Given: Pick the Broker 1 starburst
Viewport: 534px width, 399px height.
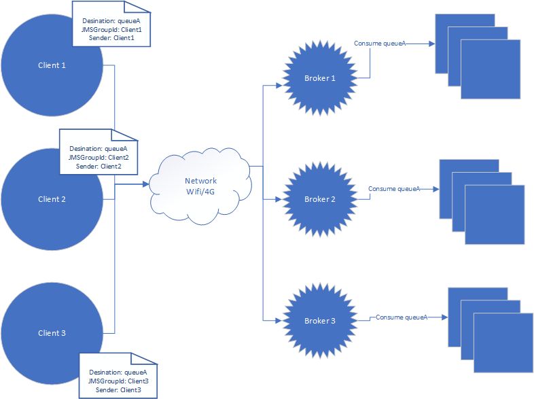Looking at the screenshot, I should pyautogui.click(x=320, y=79).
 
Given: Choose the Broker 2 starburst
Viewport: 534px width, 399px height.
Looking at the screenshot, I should pyautogui.click(x=320, y=199).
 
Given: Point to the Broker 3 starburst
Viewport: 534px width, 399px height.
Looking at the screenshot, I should pyautogui.click(x=320, y=319).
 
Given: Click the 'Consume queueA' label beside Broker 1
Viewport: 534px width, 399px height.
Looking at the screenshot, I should pyautogui.click(x=380, y=44).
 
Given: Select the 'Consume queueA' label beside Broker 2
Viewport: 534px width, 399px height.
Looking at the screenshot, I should pyautogui.click(x=394, y=188).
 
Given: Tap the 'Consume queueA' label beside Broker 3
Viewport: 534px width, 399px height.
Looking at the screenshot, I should pyautogui.click(x=402, y=317).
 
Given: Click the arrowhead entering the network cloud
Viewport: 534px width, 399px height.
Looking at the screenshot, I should pyautogui.click(x=145, y=184).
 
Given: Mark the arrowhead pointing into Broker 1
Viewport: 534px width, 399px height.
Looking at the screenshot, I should pyautogui.click(x=278, y=86).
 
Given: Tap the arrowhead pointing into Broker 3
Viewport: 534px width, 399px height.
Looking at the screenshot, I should pyautogui.click(x=278, y=319).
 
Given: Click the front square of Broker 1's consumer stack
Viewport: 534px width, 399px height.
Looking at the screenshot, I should pyautogui.click(x=490, y=69).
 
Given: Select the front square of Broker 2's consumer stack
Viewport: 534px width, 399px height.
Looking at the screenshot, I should pyautogui.click(x=495, y=214).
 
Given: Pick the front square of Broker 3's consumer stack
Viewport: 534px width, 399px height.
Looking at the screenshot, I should pyautogui.click(x=503, y=342).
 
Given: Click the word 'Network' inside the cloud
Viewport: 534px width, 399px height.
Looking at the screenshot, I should pyautogui.click(x=201, y=181).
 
